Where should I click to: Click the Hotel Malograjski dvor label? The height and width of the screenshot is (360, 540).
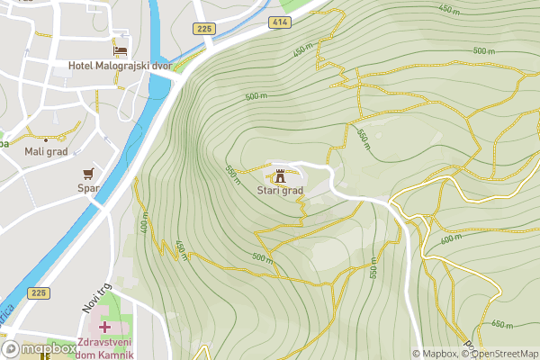121,66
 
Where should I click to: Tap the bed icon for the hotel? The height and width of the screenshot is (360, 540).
120,48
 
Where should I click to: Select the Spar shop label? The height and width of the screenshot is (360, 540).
87,188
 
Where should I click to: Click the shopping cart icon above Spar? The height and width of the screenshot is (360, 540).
88,172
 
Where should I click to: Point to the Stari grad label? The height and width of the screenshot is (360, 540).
280,191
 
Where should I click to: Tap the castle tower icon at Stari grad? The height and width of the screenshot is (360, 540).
280,175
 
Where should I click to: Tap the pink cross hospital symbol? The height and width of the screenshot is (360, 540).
106,326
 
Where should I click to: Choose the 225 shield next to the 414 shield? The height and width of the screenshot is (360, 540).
202,29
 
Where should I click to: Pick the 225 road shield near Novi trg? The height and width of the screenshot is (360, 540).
39,292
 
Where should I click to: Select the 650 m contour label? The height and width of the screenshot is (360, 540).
503,324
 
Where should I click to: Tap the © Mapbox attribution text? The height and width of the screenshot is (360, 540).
435,354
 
